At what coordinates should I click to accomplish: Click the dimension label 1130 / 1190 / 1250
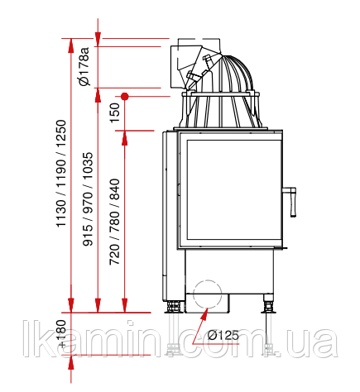coord(61,174)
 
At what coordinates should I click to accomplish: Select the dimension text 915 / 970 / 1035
coord(88,199)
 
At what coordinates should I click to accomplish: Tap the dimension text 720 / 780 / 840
coord(115,222)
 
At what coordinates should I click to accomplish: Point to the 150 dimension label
coord(115,113)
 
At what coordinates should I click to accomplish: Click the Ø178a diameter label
coord(84,66)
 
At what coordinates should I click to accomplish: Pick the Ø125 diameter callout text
coord(223,335)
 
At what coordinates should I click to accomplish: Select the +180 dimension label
coord(61,333)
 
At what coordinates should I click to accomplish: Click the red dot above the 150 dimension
coord(125,96)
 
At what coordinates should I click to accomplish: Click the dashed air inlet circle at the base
coord(208,294)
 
